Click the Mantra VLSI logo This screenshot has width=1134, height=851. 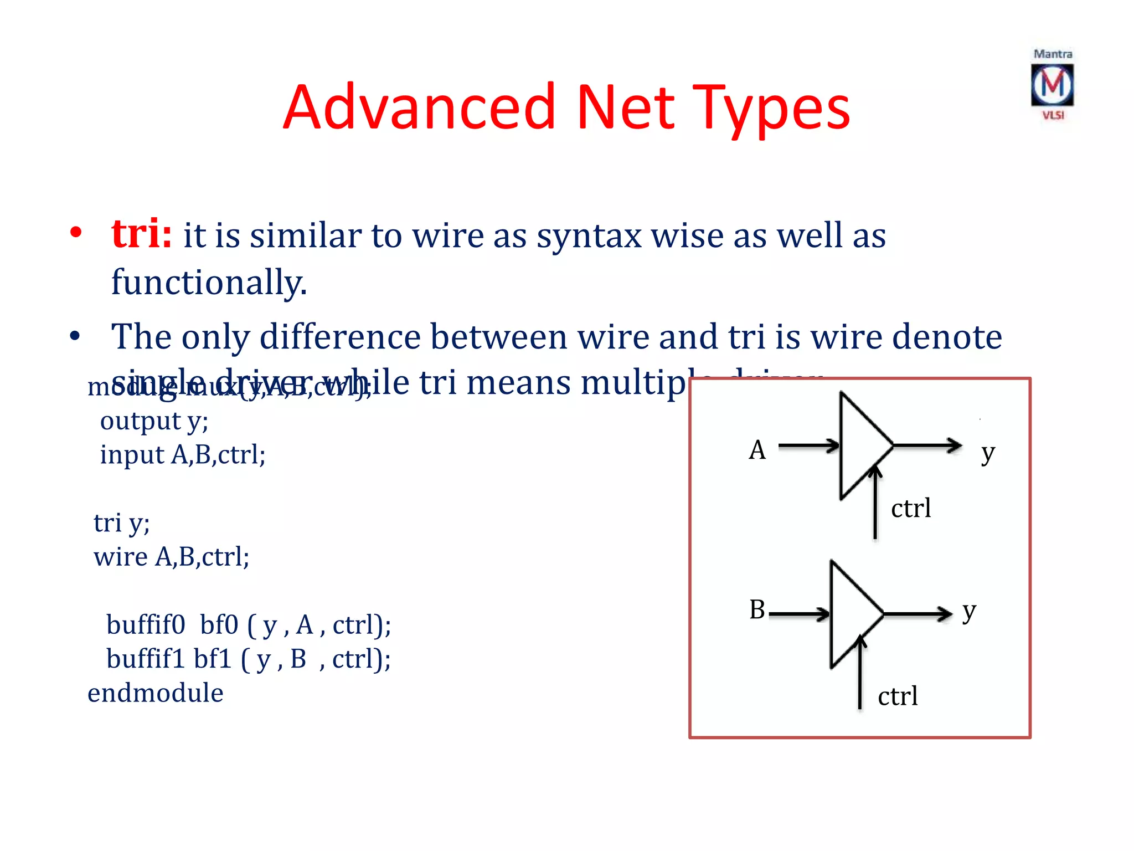tap(1052, 85)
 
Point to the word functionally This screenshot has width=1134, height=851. tap(209, 282)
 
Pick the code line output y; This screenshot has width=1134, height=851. tap(154, 421)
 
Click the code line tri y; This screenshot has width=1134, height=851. tap(121, 522)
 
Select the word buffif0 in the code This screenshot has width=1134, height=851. tap(146, 624)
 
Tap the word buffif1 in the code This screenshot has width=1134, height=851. tap(145, 659)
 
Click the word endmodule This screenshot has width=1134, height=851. tap(156, 693)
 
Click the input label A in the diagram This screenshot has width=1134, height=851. tap(757, 450)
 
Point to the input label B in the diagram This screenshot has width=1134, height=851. tap(757, 609)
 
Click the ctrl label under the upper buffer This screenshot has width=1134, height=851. tap(911, 508)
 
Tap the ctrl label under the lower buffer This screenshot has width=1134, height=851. tap(898, 696)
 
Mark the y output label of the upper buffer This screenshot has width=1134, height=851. tap(988, 453)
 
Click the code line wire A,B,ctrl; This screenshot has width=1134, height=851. tap(171, 557)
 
